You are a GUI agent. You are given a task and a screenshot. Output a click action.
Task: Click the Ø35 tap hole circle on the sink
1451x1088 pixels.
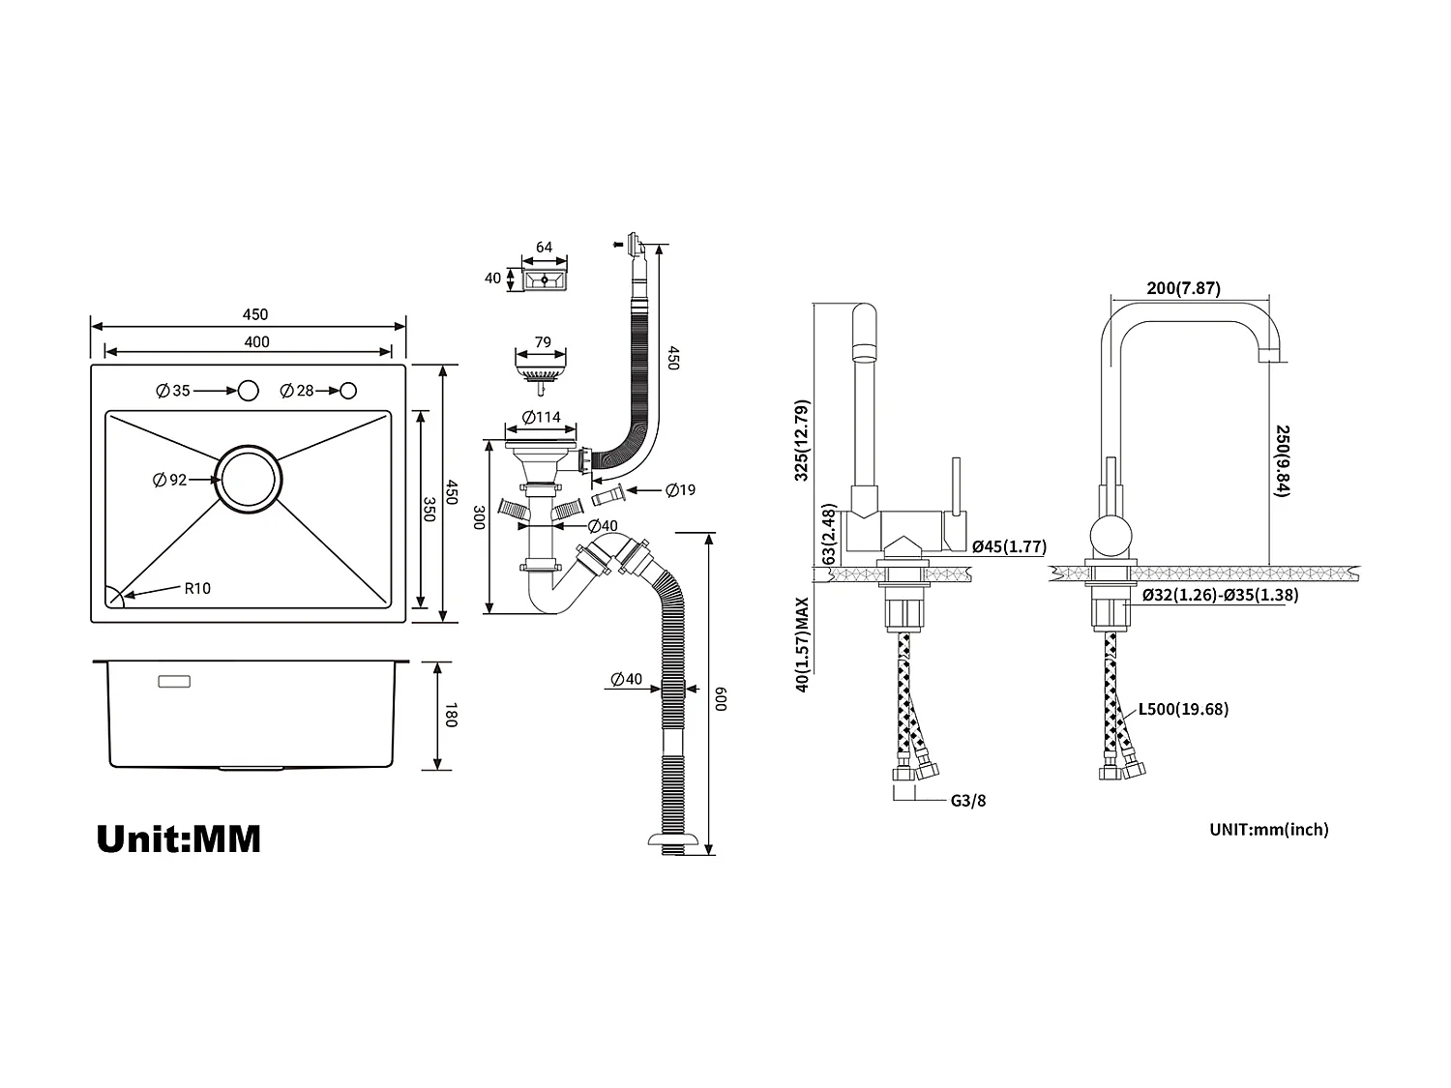249,391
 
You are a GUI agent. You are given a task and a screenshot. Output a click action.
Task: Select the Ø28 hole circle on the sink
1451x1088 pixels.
349,391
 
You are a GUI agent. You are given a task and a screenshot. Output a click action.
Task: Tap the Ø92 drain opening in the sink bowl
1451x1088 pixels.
249,480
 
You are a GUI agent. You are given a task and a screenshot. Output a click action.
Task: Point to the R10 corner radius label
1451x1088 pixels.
197,588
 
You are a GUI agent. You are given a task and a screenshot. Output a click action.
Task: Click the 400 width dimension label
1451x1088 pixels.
256,341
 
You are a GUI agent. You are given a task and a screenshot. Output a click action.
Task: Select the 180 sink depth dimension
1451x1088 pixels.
450,717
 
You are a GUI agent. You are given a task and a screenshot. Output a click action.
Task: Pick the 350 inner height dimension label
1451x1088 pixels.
429,509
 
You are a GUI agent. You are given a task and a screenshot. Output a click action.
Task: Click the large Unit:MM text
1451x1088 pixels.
179,838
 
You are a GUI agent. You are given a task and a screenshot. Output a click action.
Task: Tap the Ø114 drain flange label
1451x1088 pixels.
542,418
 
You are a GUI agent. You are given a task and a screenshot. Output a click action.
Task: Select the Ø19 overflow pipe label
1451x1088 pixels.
680,490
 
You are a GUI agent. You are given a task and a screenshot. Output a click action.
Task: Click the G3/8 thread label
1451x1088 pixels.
967,800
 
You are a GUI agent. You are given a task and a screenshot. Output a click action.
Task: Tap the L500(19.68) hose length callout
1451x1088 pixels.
1182,709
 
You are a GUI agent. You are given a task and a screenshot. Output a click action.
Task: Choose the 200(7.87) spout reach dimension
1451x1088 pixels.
1183,288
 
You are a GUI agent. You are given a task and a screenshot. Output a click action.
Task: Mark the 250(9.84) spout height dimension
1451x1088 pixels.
1283,460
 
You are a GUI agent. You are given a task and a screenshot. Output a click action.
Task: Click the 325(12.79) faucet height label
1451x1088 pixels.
802,440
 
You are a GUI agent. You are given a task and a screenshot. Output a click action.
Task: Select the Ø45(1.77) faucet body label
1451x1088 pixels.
1009,546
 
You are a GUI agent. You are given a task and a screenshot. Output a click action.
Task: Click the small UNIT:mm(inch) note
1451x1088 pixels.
1268,829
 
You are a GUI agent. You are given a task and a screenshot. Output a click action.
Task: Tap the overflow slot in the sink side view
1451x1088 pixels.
174,681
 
